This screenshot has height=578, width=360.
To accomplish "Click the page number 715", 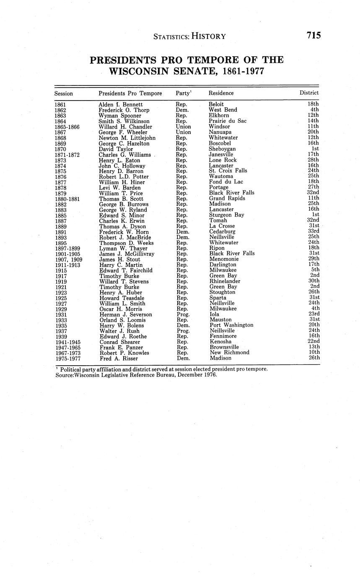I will point(313,36).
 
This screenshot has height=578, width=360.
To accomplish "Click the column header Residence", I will point(221,93).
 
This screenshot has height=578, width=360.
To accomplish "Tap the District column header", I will point(309,93).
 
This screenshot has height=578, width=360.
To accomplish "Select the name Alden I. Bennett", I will point(121,104).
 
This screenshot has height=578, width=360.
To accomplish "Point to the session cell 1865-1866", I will point(67,126).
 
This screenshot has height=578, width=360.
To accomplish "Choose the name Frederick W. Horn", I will point(124,232).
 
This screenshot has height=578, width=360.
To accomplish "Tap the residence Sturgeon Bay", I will point(226,215).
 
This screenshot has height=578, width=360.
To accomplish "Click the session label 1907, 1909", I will point(68,259).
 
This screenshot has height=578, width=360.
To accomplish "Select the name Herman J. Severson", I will point(125,314).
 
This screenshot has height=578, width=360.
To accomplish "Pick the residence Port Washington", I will point(231,325).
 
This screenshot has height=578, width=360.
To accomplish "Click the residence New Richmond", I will point(229,353).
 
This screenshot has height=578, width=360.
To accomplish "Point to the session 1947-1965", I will point(67,347).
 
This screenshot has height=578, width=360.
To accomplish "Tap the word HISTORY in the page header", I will point(209,36).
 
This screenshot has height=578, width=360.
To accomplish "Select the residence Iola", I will point(215,314).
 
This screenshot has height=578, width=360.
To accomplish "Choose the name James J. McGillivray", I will point(127,254).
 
